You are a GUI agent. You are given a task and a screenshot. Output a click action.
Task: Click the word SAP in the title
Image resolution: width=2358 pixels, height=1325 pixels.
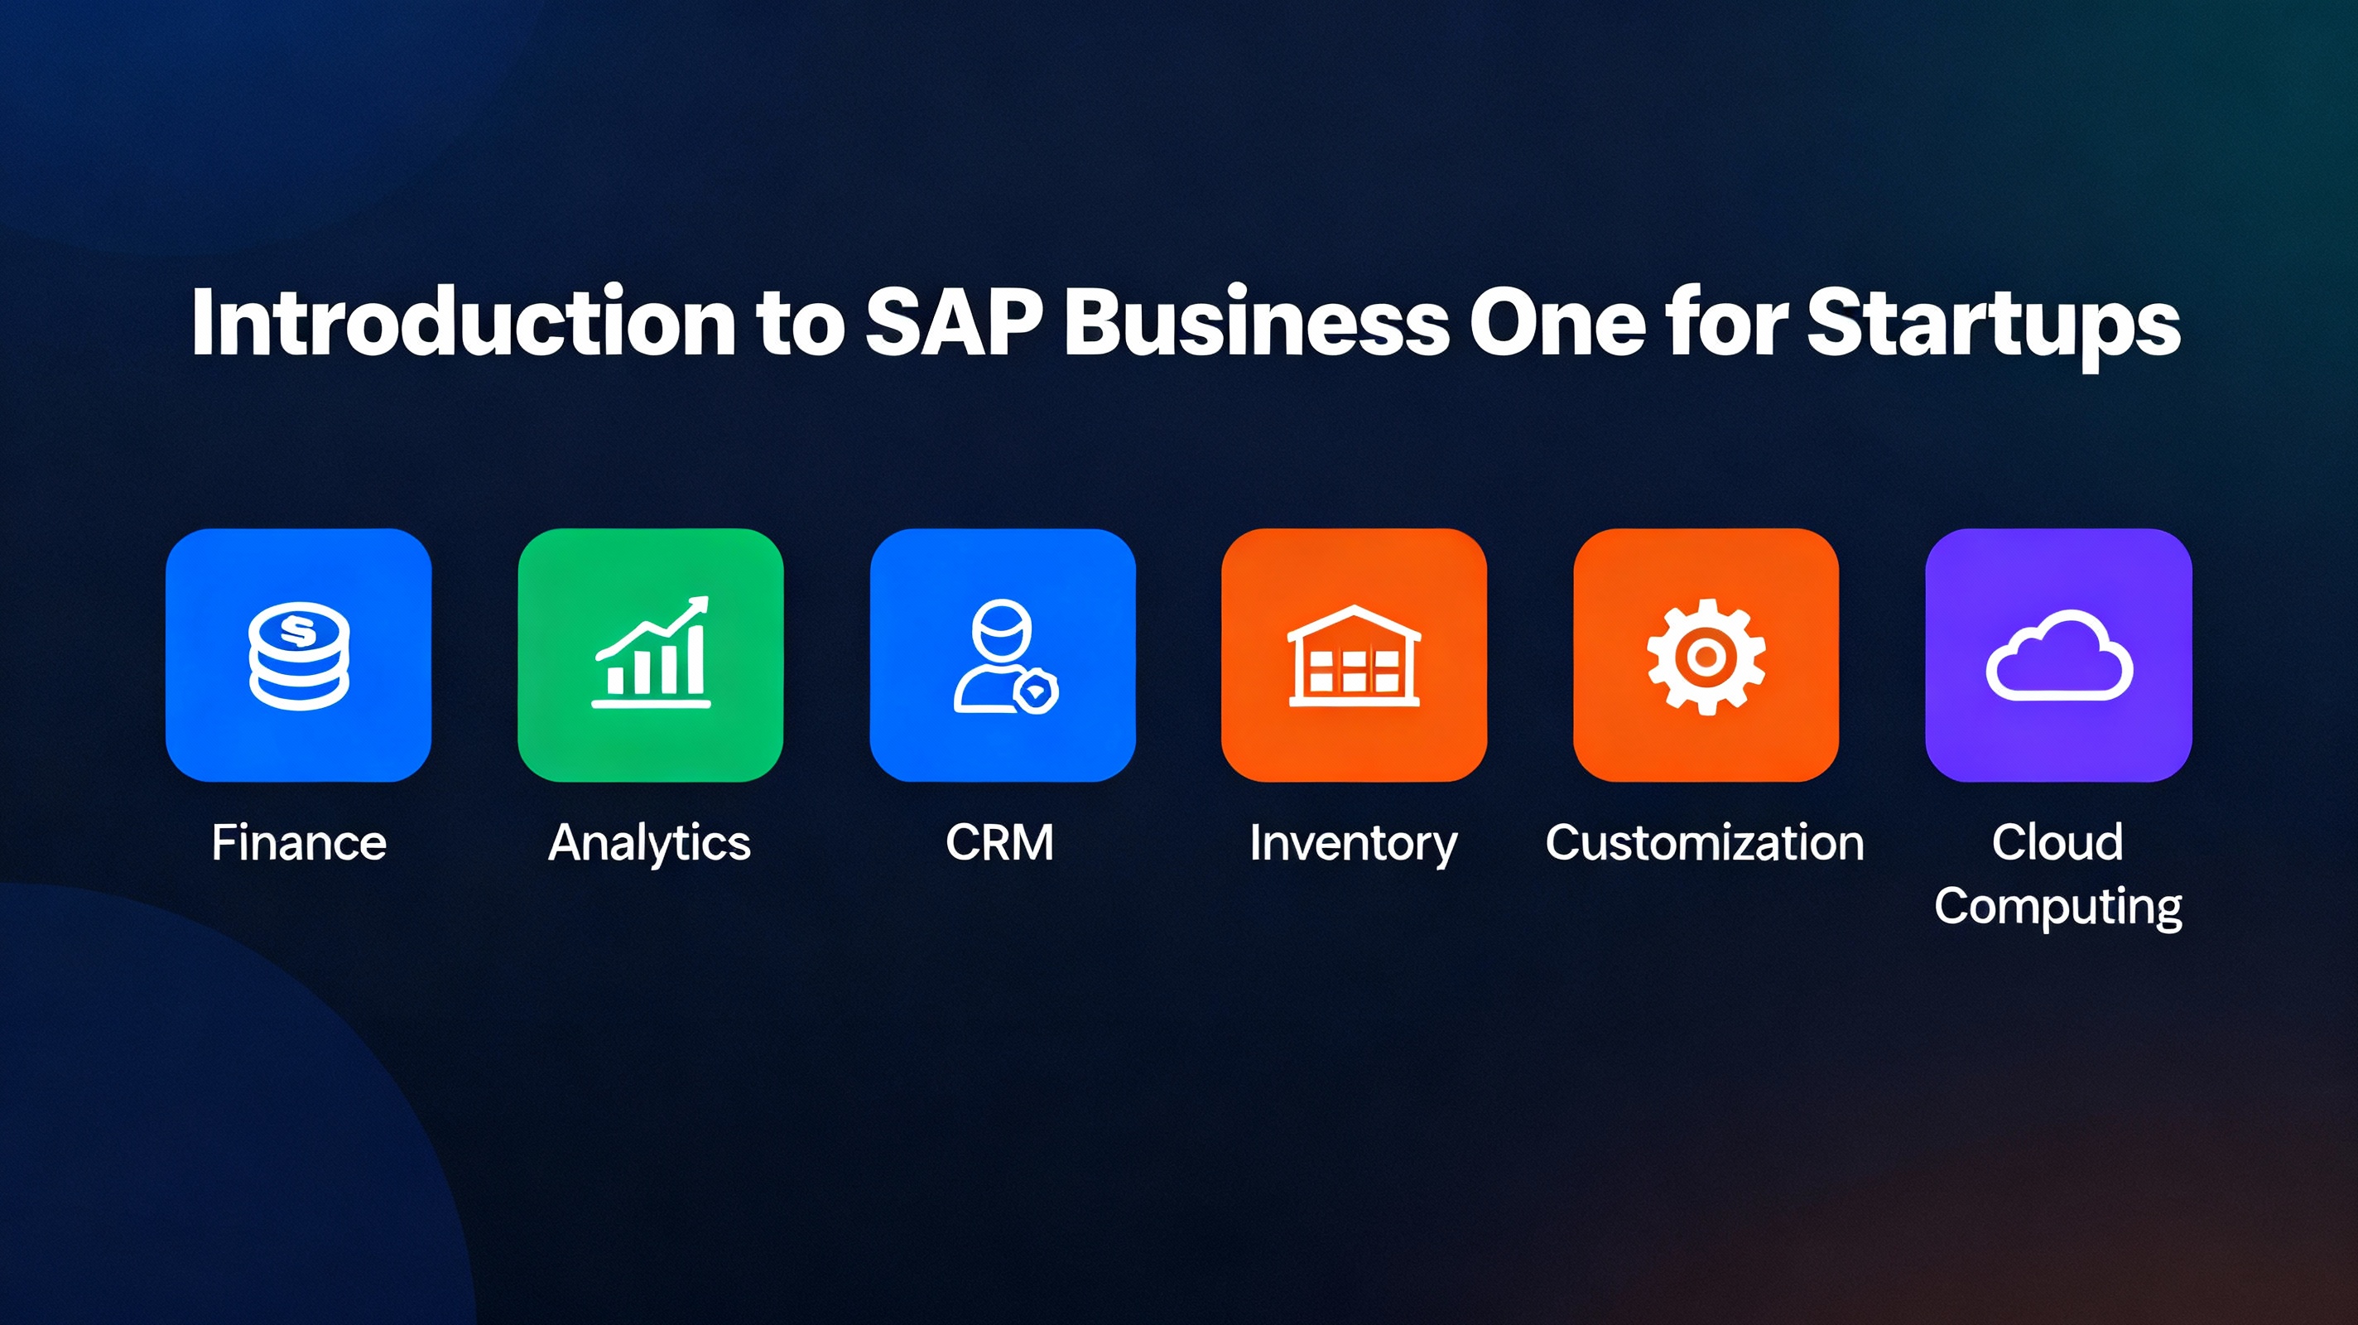(x=954, y=321)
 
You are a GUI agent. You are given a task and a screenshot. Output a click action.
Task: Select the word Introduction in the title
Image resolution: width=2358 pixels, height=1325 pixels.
(x=464, y=321)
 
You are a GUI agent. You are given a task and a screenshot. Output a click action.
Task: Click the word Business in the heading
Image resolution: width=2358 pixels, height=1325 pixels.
(x=1257, y=321)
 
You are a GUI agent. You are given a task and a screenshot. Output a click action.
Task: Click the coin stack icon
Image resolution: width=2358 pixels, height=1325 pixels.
(x=300, y=656)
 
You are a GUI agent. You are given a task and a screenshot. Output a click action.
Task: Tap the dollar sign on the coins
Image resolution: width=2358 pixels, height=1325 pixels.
(x=297, y=631)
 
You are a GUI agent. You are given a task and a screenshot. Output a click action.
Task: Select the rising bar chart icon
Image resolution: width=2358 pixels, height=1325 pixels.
(x=651, y=652)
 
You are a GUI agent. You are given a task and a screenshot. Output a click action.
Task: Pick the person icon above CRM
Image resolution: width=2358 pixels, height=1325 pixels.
(x=1004, y=656)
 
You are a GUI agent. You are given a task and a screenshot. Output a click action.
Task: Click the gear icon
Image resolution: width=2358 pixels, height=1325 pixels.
(x=1706, y=656)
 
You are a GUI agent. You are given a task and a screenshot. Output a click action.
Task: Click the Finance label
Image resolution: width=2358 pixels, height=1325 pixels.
(x=300, y=842)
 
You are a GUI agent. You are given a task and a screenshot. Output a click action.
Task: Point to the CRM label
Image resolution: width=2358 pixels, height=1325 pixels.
(x=999, y=842)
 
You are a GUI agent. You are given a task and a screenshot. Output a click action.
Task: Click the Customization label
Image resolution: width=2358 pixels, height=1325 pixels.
(x=1706, y=842)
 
